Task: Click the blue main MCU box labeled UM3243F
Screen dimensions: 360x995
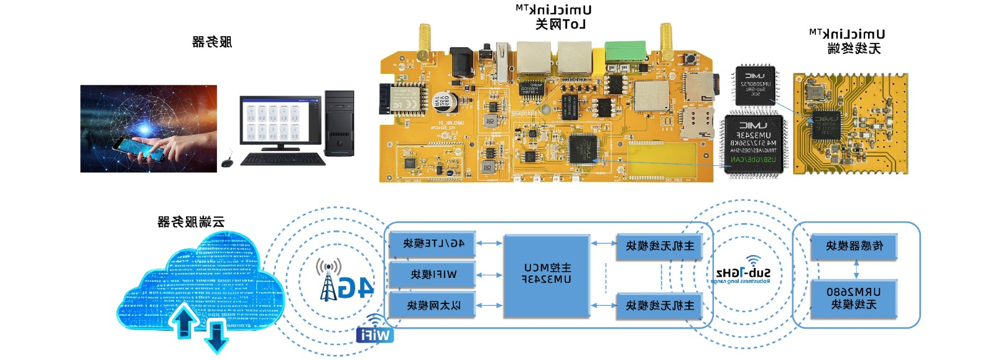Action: point(547,275)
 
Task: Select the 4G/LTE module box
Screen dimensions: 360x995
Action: point(433,244)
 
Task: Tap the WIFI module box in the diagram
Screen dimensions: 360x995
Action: point(433,274)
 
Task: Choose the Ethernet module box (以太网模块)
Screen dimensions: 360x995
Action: point(433,305)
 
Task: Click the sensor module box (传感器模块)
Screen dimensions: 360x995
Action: point(854,246)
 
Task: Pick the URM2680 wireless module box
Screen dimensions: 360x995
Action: point(854,298)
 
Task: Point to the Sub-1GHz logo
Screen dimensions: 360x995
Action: point(743,272)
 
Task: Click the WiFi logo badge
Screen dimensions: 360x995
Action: point(374,334)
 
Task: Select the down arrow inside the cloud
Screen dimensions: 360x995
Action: point(216,336)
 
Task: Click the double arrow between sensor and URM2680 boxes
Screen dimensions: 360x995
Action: point(856,269)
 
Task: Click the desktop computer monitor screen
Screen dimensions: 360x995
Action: point(280,121)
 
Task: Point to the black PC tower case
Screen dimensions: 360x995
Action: point(339,123)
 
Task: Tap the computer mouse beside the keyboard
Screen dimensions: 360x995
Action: point(227,163)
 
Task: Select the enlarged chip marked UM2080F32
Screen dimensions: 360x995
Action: point(755,85)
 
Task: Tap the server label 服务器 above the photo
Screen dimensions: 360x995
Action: point(212,42)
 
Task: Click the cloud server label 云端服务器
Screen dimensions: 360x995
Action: point(191,222)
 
